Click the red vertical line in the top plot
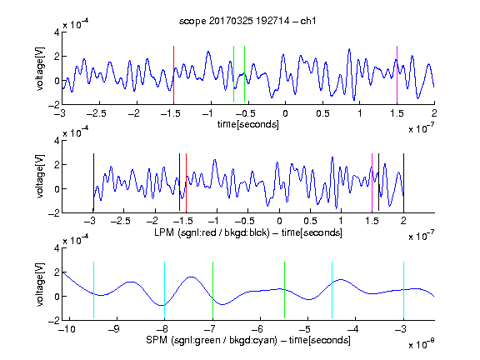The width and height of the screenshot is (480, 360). point(173,75)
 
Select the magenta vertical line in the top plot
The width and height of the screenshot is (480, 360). point(397,75)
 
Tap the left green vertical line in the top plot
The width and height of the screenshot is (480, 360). point(233,74)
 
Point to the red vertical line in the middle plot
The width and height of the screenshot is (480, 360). point(186,182)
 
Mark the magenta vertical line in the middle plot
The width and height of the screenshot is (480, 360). point(372,182)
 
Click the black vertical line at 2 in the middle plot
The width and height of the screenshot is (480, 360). point(403,182)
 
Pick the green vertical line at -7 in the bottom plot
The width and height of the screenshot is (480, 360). point(212,290)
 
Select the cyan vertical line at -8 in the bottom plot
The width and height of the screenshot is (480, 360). point(164,290)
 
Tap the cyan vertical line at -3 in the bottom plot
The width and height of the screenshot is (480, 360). point(403,290)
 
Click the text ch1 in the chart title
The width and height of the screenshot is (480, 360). point(307,21)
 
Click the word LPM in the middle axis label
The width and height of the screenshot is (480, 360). point(164,232)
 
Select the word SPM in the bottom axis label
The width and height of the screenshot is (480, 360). point(157,340)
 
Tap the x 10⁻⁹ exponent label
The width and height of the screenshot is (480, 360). point(422,344)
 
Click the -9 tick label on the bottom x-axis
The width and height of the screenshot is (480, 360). point(113,329)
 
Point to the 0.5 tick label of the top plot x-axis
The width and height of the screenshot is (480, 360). point(322,113)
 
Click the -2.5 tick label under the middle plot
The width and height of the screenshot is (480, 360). point(121,221)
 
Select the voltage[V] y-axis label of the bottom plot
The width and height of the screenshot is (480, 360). point(40,284)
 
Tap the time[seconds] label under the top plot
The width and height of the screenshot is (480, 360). point(248,124)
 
